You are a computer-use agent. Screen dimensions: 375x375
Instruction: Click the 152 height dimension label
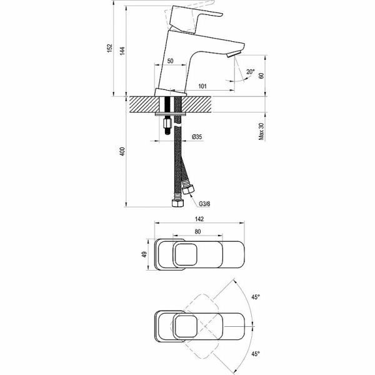pyautogui.click(x=109, y=48)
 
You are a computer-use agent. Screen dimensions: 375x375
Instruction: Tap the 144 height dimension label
pyautogui.click(x=123, y=51)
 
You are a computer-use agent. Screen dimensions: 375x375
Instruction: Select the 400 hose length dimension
pyautogui.click(x=123, y=151)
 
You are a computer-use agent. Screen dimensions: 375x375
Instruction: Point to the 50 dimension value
pyautogui.click(x=170, y=61)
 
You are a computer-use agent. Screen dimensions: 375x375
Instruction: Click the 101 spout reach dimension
pyautogui.click(x=202, y=86)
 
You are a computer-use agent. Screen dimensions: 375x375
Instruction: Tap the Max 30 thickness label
pyautogui.click(x=261, y=129)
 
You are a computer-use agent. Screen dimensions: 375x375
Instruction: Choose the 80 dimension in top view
pyautogui.click(x=197, y=232)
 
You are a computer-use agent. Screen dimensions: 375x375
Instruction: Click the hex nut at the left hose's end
pyautogui.click(x=177, y=204)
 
